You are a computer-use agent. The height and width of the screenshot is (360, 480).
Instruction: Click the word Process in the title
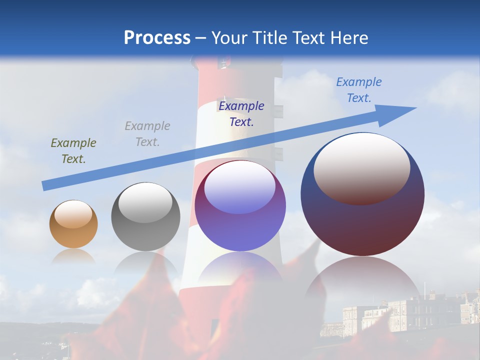(157, 38)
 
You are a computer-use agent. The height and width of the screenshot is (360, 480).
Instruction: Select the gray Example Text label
(147, 134)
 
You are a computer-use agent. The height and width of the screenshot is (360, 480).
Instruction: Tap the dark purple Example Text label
(241, 113)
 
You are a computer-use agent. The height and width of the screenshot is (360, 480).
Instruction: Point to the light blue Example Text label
(358, 90)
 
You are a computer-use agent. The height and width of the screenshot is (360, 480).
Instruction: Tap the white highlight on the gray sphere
(145, 202)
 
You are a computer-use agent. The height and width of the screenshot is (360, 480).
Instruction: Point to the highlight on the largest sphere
(362, 168)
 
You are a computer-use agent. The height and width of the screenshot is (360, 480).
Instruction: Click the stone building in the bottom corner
(400, 312)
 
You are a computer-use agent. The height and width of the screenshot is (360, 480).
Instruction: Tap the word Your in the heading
(229, 38)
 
